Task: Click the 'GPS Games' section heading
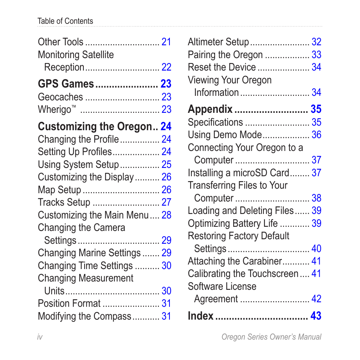(66, 84)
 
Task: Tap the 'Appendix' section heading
(210, 109)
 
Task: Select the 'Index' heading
(201, 316)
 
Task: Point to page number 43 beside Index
(316, 316)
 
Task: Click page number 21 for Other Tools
(166, 42)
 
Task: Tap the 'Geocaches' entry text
(60, 97)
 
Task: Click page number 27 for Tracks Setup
(166, 202)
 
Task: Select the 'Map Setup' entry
(60, 190)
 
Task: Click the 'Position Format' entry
(69, 303)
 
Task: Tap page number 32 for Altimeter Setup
(316, 42)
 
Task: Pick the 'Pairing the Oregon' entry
(225, 55)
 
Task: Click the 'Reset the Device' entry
(222, 67)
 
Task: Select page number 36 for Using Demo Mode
(316, 135)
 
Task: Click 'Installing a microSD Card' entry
(238, 173)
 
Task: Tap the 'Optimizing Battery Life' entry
(233, 223)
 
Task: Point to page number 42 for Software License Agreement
(316, 299)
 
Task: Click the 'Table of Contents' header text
(65, 21)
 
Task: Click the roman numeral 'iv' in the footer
(40, 337)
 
